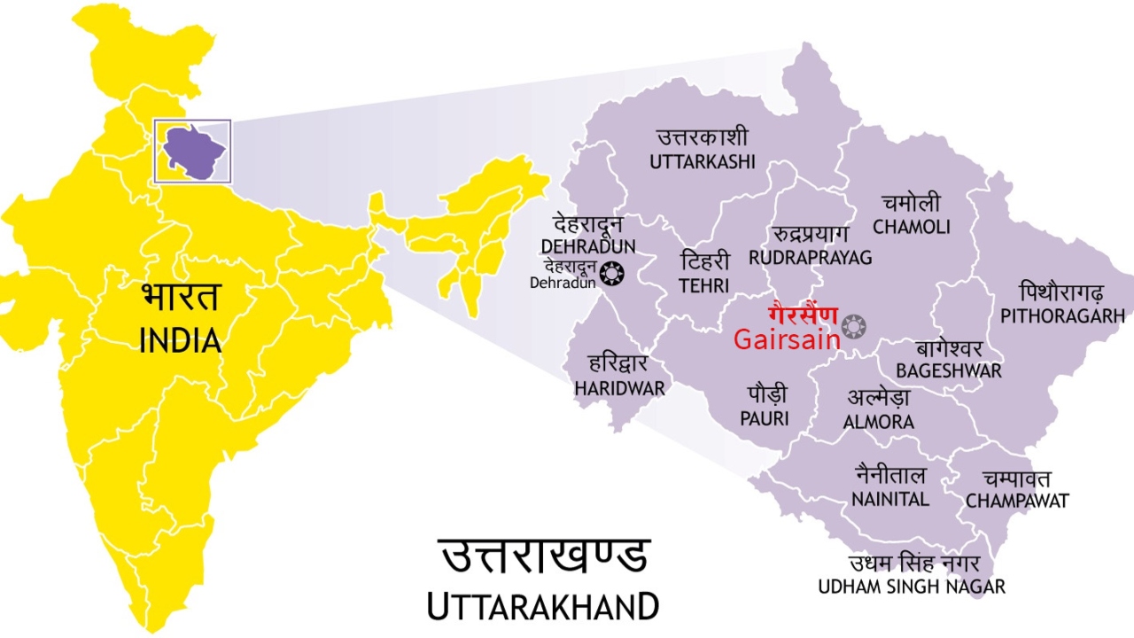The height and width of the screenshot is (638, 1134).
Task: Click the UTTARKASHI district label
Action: click(x=703, y=161)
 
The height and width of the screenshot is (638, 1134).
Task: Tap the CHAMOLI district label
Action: click(x=911, y=227)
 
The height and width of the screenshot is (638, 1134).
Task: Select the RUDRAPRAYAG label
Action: click(x=810, y=257)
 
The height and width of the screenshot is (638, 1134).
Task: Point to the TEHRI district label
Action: click(x=704, y=285)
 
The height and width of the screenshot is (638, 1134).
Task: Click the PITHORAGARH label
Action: click(x=1062, y=315)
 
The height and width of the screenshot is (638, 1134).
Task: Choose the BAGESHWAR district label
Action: click(x=948, y=370)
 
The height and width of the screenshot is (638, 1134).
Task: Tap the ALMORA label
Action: click(x=878, y=423)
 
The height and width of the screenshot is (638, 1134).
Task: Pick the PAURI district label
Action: click(x=765, y=418)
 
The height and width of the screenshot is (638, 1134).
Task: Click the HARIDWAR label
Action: click(x=619, y=388)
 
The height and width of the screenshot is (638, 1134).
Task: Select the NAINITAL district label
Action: click(x=890, y=499)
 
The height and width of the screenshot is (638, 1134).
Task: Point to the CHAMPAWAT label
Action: click(x=1017, y=502)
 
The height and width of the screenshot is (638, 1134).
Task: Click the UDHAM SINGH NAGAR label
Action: click(x=912, y=587)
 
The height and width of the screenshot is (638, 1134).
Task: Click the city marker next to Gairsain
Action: click(x=854, y=326)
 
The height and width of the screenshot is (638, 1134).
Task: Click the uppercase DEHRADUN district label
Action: click(x=588, y=245)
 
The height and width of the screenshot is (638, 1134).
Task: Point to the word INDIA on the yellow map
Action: click(x=180, y=340)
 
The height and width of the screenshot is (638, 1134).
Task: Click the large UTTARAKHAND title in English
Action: click(x=542, y=607)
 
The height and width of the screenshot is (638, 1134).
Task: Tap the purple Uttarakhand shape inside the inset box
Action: click(x=192, y=151)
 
